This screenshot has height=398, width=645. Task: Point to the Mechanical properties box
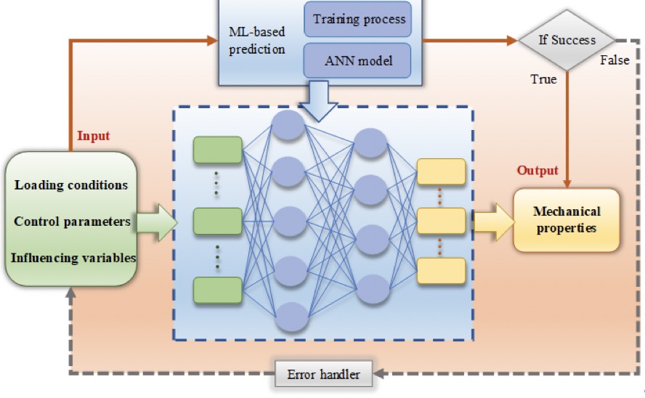[567, 220]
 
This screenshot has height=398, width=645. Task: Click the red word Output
[537, 171]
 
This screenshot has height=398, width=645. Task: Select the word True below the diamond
[543, 79]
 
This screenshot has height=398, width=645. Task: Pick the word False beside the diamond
[614, 60]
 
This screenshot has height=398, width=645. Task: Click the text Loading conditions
[71, 184]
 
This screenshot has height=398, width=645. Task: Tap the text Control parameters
[72, 221]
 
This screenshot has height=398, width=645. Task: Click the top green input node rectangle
[217, 150]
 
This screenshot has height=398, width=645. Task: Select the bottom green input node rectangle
[217, 289]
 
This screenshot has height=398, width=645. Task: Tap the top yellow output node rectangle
[441, 171]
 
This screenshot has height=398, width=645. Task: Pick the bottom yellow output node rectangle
[441, 269]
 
